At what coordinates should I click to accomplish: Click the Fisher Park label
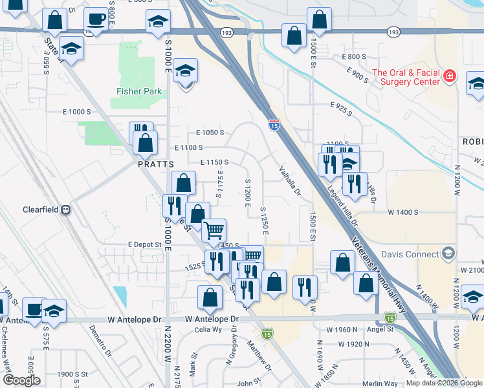(x=139, y=91)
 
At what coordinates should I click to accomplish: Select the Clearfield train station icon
(x=65, y=210)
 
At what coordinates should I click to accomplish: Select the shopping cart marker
(x=214, y=229)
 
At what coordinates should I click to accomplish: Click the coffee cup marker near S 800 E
(x=96, y=19)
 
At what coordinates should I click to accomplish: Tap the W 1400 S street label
(x=403, y=212)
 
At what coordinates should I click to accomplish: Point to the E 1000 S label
(x=77, y=112)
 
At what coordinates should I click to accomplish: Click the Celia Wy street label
(x=209, y=330)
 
